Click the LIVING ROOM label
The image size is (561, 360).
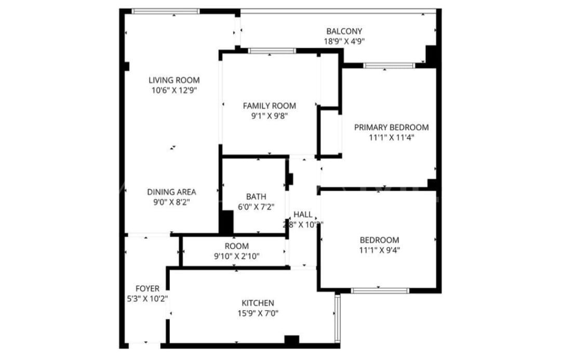point(174,80)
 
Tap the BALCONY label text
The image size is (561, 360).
point(344,31)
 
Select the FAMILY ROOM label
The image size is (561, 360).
point(269,106)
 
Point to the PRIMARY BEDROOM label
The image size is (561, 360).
point(391,127)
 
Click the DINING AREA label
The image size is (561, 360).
point(171,192)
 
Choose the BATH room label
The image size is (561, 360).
point(256,197)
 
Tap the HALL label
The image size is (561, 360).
point(303,215)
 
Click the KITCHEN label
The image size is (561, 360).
point(258,303)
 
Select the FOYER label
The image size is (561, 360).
point(148,288)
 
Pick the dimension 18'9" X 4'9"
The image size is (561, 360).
point(344,42)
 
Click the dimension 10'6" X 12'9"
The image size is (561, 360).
point(174,90)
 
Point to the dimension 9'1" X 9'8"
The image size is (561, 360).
point(269,116)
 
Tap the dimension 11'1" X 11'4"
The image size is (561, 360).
point(391,138)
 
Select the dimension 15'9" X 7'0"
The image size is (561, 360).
point(258,313)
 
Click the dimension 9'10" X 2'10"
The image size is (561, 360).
point(236,256)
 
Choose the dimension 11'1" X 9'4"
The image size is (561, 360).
point(379,250)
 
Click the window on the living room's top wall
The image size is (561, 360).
point(166,11)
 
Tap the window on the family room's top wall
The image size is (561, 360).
point(272,50)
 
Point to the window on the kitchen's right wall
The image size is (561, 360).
point(337,318)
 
